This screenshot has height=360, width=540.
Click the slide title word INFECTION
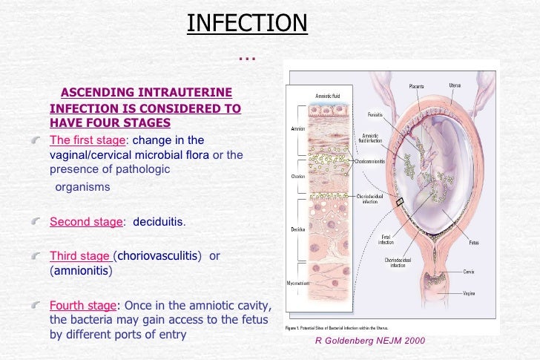246,23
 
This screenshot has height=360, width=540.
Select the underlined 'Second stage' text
85,221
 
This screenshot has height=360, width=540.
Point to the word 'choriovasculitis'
159,256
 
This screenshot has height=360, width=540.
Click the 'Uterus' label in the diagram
455,85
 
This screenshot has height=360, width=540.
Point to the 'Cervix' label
469,272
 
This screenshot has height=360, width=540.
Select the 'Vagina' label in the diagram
470,294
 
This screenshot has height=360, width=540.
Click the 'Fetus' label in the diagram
473,242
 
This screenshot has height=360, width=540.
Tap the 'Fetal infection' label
386,240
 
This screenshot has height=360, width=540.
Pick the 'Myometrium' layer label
299,283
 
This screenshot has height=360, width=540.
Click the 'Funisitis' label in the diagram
375,114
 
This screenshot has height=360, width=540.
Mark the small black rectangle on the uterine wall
401,202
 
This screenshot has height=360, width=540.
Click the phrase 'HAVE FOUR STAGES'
110,122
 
